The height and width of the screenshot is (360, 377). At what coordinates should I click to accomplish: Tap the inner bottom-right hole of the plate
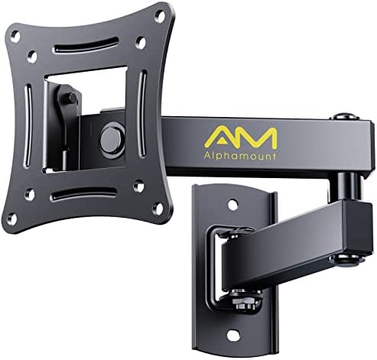pyautogui.click(x=138, y=185)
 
